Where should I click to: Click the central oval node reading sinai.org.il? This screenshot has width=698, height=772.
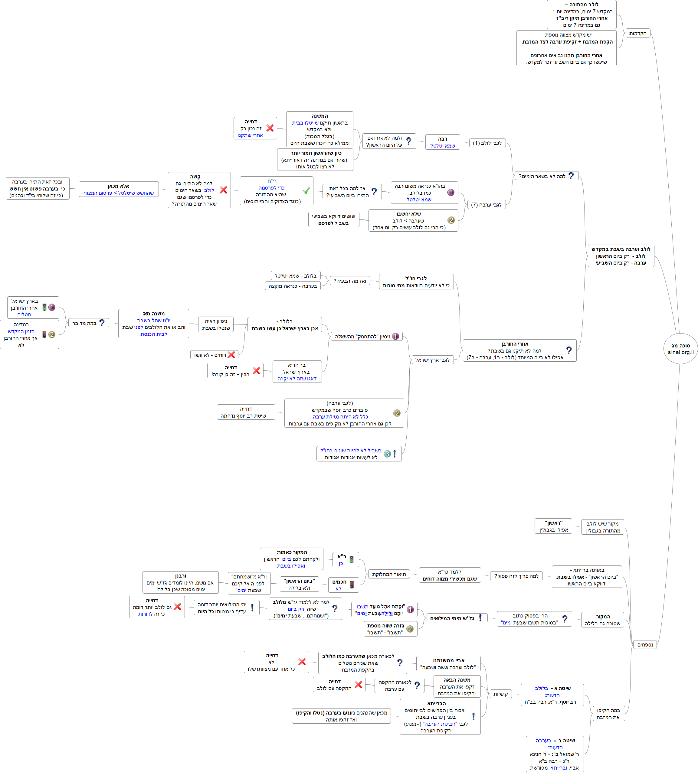pos(680,349)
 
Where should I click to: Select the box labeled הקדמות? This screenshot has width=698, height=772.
pos(637,33)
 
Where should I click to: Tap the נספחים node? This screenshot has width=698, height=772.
pos(645,644)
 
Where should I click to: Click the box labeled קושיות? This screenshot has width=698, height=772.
pos(500,694)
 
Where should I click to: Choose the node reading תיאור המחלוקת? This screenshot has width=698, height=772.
pos(389,574)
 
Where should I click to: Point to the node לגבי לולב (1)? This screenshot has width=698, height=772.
pos(487,143)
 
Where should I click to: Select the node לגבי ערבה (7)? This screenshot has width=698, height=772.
pos(486,204)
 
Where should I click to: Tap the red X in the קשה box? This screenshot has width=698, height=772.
pos(223,190)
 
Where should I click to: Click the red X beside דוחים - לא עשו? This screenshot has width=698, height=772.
pos(231,355)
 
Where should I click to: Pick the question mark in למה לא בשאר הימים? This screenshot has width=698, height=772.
pos(571,175)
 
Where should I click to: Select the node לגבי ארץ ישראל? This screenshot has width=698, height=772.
pos(433,360)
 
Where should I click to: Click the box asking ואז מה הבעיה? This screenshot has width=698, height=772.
pos(349,281)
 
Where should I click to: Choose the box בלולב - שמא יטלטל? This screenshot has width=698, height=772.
pos(295,275)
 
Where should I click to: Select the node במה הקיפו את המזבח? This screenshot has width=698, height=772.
pos(608,713)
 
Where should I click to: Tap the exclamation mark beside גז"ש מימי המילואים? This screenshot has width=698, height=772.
pos(480,618)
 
